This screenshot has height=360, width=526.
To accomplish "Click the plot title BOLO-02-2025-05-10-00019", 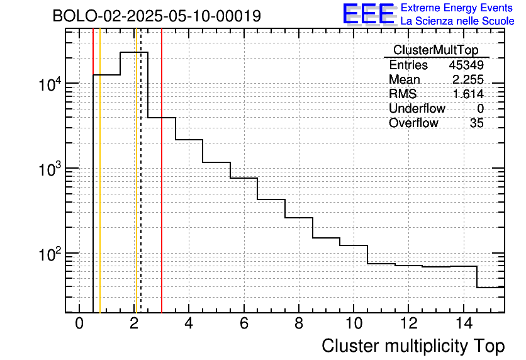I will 157,16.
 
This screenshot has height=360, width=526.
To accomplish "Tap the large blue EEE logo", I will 368,14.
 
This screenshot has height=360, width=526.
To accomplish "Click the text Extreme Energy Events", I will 457,8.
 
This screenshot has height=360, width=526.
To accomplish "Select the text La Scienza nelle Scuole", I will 457,21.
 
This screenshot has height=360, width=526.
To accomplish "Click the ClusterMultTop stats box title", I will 435,50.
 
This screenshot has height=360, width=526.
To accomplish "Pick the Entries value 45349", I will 466,65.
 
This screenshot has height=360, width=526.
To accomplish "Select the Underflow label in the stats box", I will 417,109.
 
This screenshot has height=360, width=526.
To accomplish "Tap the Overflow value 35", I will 476,123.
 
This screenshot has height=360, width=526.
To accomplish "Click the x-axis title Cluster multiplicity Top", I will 413,346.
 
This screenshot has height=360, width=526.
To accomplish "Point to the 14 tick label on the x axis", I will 462,325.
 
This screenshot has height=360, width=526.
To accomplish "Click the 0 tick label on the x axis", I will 79,325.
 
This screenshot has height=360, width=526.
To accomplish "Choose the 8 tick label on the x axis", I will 298,325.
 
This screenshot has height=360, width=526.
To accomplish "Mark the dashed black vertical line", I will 141,189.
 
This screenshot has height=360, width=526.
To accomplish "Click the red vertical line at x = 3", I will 162,189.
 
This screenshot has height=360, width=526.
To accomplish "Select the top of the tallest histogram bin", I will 134,52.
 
